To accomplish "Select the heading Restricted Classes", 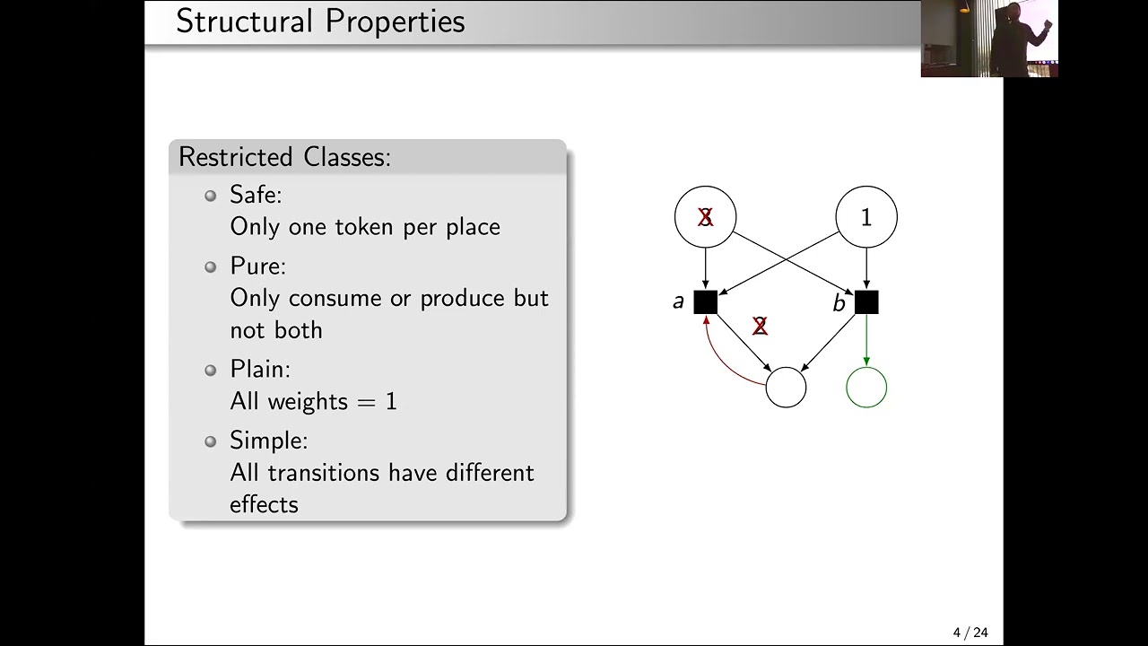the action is (284, 156).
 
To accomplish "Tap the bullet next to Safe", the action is (210, 196).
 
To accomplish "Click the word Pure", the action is (257, 266).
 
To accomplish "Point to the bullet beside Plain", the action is (210, 370).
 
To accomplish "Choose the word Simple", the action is (268, 441).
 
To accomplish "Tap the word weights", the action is (308, 401).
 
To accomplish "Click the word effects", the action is (264, 504).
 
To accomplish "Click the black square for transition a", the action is (705, 302).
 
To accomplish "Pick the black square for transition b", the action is (866, 302).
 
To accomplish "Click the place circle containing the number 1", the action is (866, 217).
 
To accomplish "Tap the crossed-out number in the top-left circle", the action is (705, 217).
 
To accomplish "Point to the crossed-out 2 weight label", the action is (760, 326).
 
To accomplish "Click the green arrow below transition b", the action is (866, 340).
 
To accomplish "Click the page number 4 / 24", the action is (970, 633).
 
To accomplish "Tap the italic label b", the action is (839, 303).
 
